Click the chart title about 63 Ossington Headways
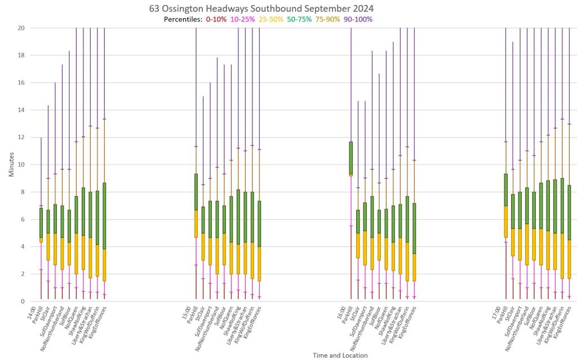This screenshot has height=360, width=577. pos(261,9)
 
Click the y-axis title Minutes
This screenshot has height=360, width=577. pos(12,164)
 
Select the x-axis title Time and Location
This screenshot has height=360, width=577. pos(340,355)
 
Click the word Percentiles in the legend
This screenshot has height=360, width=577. pos(183,19)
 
